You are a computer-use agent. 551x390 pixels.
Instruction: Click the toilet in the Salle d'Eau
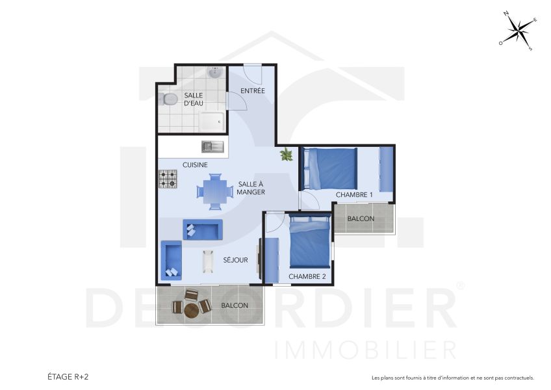169,99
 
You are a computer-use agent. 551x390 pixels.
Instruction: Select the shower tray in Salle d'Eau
212,120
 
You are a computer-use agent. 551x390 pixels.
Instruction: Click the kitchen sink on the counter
212,146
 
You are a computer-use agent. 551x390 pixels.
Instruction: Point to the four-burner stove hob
168,179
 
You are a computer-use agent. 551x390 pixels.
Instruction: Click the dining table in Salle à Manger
215,191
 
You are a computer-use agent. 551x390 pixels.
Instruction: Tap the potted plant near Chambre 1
286,155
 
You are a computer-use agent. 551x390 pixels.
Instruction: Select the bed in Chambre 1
329,168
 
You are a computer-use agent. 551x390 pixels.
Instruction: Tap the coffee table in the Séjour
209,260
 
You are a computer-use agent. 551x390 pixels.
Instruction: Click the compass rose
518,30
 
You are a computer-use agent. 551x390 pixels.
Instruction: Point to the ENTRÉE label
253,90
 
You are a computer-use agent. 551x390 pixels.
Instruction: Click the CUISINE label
195,165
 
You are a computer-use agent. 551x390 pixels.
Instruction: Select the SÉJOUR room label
235,260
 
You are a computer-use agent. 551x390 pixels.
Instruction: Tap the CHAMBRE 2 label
307,276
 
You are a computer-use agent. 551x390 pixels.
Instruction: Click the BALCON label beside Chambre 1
361,218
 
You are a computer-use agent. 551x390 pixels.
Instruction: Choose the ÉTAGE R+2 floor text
68,376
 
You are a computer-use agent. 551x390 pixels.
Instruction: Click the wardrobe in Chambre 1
386,169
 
